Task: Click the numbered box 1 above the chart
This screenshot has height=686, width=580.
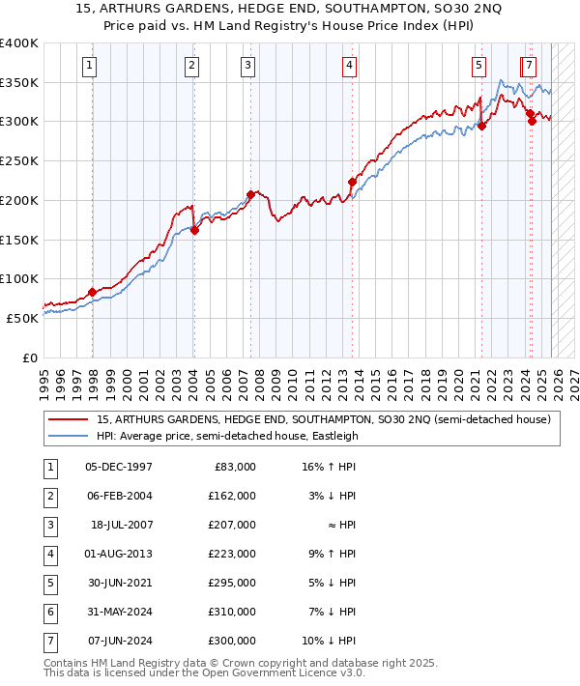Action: tap(89, 66)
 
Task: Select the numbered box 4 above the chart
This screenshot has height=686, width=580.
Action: tap(349, 66)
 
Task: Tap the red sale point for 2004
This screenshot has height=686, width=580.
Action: tap(194, 230)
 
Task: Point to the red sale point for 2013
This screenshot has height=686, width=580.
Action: tap(352, 182)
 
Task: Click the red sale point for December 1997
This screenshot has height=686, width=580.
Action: tap(92, 292)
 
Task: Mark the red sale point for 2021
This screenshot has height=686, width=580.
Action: tap(481, 125)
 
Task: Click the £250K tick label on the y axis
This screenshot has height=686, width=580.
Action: tap(19, 160)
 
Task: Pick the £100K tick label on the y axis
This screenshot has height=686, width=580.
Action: tap(19, 278)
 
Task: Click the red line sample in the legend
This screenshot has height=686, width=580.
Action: tap(68, 419)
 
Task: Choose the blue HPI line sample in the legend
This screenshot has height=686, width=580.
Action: tap(68, 436)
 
